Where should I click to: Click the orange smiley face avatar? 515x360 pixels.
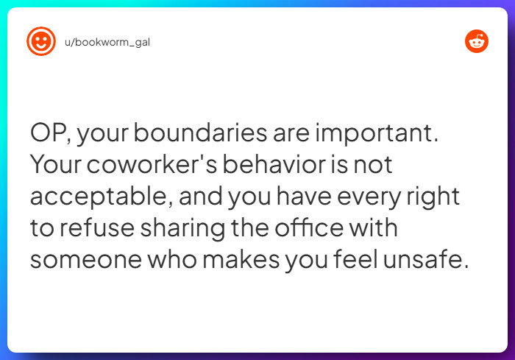pyautogui.click(x=41, y=41)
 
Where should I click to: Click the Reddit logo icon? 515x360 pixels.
pyautogui.click(x=477, y=42)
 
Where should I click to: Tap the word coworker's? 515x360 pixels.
pyautogui.click(x=150, y=166)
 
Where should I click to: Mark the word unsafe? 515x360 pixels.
pyautogui.click(x=425, y=258)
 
